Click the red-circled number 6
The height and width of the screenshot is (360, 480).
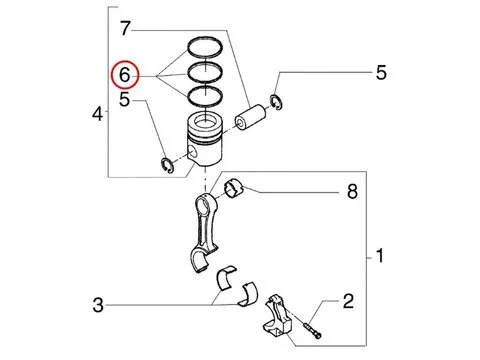pos(124,75)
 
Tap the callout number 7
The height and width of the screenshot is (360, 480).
pos(125,28)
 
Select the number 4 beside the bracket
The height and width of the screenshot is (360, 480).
pos(97,114)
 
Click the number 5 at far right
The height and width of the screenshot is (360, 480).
pos(381,72)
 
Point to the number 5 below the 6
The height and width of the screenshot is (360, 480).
pos(124,99)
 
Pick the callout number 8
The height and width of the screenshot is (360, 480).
pos(352,192)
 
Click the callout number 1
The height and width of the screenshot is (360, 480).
pos(380,256)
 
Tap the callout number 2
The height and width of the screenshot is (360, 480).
pos(348,301)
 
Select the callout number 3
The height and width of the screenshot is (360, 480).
pos(98,305)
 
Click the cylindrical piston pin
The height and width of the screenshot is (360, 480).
pos(251,117)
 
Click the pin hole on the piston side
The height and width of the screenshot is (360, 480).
pos(192,152)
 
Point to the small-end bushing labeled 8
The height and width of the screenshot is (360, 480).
pos(234,188)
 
